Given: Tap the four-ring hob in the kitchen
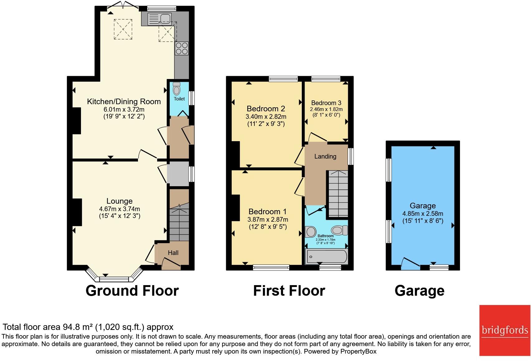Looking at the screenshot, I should (182, 48).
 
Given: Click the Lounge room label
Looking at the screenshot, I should (120, 201).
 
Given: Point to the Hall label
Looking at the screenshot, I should (173, 253).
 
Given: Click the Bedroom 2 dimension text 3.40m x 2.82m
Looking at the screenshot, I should (266, 117).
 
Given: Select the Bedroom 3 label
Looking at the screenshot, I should (326, 103).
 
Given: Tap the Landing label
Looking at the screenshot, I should (325, 156).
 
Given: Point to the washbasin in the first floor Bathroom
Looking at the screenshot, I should (311, 231).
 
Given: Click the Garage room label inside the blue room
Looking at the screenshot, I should (423, 206).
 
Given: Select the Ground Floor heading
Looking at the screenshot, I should (132, 291).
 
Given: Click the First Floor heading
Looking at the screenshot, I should (289, 291).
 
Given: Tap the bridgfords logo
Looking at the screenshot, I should (505, 330).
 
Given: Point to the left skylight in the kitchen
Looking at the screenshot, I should (123, 29).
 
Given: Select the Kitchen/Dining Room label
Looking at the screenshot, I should (124, 101).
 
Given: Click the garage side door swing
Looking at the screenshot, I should (410, 264).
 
